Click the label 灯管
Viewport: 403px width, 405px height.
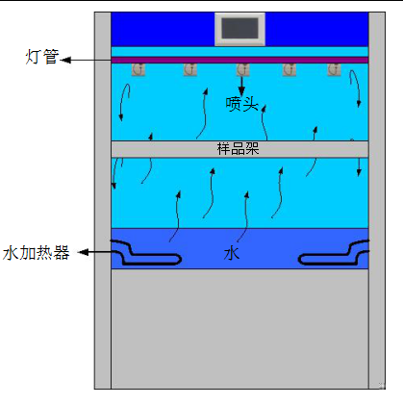[42, 57]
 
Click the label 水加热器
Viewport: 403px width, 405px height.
[36, 253]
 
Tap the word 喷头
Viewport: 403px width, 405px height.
[242, 104]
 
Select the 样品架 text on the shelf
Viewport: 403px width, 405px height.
[238, 149]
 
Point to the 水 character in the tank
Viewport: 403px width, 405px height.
[232, 254]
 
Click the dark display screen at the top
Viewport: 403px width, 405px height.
[239, 29]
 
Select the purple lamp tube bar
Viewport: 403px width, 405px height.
[239, 60]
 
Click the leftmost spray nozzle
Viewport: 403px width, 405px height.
[139, 69]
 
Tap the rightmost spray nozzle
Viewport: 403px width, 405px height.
[334, 69]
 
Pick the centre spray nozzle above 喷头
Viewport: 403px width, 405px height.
[242, 69]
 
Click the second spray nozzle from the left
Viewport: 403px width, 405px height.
[190, 69]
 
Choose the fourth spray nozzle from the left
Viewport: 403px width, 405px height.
[290, 69]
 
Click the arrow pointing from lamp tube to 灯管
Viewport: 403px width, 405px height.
[86, 60]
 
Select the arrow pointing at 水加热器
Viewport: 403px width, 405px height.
[95, 252]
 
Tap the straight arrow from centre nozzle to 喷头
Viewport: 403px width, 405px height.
[241, 86]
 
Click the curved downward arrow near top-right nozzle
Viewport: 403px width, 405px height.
[356, 87]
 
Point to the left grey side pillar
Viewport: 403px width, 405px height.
[103, 200]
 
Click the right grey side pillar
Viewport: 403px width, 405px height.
[377, 200]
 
